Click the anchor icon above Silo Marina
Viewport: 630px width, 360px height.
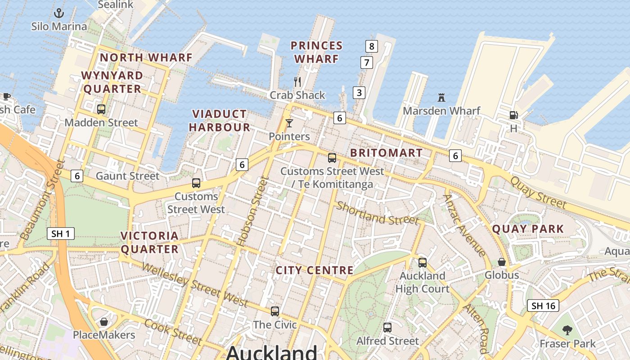[59, 13]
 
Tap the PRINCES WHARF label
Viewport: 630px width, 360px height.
[316, 52]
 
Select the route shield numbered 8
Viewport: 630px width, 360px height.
[371, 46]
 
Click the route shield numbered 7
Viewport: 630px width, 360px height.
[367, 63]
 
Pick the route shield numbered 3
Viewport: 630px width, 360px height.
[359, 93]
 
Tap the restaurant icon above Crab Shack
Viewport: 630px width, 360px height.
[297, 82]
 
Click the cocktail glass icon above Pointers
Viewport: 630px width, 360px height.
[289, 123]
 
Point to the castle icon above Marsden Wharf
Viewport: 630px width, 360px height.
[441, 97]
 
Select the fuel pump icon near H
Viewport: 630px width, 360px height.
[513, 115]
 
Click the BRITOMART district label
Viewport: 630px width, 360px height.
[386, 153]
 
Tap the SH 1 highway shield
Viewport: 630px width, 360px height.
[61, 234]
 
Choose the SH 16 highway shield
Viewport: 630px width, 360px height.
[543, 306]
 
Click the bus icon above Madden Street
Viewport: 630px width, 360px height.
[101, 109]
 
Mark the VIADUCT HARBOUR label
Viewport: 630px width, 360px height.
[219, 121]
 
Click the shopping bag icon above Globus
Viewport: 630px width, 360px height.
[502, 261]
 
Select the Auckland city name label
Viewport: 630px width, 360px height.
[271, 352]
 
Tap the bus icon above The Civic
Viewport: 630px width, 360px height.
[274, 311]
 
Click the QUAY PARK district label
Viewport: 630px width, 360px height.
[527, 229]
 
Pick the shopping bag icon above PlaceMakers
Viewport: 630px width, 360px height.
[104, 322]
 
